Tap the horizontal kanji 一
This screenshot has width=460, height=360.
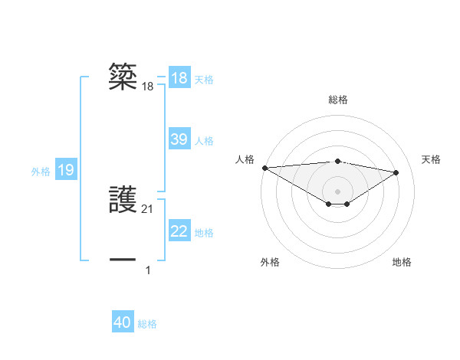click(x=123, y=260)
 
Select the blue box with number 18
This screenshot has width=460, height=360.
click(x=179, y=78)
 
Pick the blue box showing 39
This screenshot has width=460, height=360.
click(x=179, y=139)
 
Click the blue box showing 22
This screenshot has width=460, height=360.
click(x=179, y=231)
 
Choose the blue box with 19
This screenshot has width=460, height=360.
click(x=66, y=170)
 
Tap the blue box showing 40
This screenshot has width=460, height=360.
click(x=123, y=323)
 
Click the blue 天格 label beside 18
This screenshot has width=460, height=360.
click(x=204, y=79)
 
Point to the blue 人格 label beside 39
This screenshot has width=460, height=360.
click(x=204, y=141)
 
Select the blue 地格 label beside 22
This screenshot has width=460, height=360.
click(x=204, y=233)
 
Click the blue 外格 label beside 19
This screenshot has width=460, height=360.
click(x=41, y=172)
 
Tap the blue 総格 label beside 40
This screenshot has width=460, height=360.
click(x=147, y=325)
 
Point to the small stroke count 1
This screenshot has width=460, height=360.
click(x=148, y=270)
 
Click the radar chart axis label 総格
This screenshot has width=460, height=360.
click(x=337, y=100)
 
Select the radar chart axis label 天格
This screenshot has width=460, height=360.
click(x=431, y=159)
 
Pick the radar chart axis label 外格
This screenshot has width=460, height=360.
click(x=270, y=262)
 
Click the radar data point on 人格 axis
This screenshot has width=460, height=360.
click(x=264, y=168)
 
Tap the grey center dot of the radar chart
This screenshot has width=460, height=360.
click(x=337, y=191)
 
